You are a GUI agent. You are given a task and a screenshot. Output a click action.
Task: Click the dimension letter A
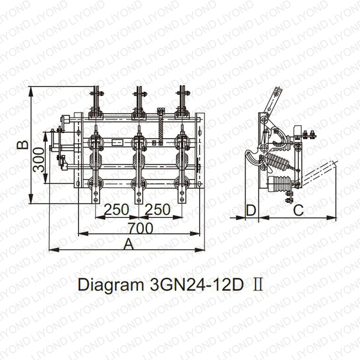point(128,244)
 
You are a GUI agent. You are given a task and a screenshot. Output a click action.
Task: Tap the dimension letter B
point(23,145)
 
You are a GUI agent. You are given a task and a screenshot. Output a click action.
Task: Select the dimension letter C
point(298,210)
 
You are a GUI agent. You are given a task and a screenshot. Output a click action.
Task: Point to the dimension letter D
point(251,210)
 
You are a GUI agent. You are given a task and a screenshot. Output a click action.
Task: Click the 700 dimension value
point(140,228)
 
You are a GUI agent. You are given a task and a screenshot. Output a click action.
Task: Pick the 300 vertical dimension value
point(38,160)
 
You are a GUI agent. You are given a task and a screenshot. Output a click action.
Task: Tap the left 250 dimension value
point(116,209)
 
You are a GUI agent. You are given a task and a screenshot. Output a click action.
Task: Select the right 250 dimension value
point(158,209)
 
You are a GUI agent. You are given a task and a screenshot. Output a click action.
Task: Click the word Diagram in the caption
point(111,285)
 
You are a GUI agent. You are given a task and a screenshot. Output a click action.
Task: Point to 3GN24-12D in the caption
point(197,284)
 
